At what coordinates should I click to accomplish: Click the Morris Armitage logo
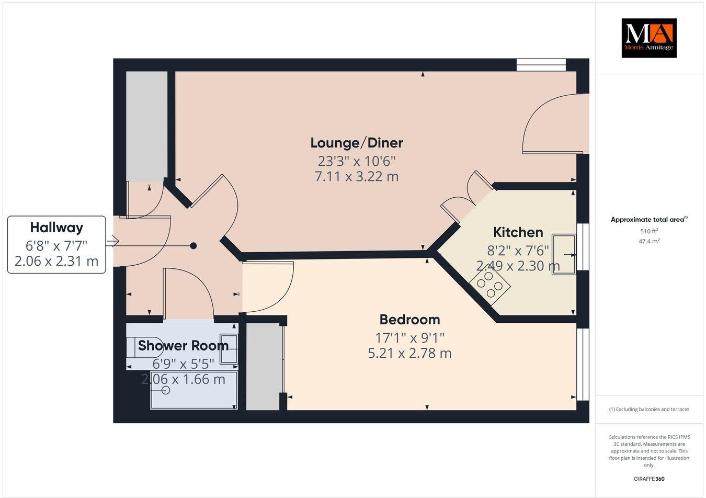pos(648,38)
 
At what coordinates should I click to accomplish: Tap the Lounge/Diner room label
pos(357,142)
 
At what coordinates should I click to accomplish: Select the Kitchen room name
pos(518,232)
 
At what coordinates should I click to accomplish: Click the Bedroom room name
pos(409,319)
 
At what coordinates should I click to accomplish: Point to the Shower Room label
pos(183,346)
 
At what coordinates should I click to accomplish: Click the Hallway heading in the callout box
pos(56,228)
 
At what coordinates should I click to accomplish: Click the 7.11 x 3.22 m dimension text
pos(357,177)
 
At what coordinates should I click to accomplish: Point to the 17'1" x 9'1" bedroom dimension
pos(409,337)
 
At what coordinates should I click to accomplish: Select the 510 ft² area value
pos(649,231)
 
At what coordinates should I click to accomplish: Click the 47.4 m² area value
pos(649,241)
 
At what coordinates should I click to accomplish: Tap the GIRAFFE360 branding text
pos(649,479)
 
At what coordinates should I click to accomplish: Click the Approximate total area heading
pos(649,220)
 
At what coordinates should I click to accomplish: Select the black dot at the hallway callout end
pos(193,245)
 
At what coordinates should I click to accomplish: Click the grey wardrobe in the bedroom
pos(263,366)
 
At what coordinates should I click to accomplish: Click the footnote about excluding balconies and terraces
pos(649,409)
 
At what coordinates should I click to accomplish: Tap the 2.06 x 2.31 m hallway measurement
pos(56,261)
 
